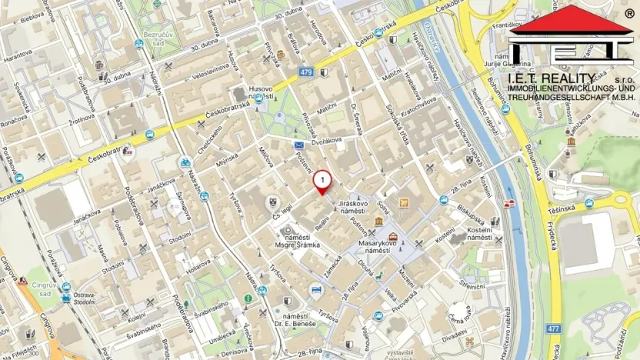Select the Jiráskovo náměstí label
tap(353, 206)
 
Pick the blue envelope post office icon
tap(298, 144)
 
